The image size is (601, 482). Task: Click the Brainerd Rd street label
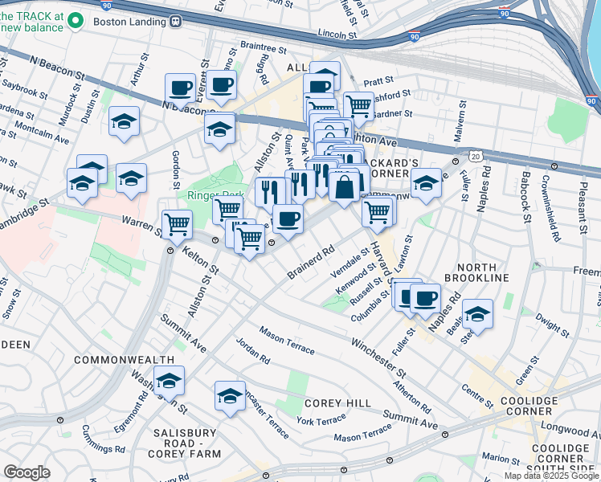coord(310,263)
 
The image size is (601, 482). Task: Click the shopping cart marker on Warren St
coord(176,225)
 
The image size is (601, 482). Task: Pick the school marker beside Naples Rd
coord(477,315)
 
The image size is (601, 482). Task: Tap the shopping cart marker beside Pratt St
coord(358,105)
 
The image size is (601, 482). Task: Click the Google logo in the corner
coord(27,472)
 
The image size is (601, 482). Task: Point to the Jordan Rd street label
coord(254,353)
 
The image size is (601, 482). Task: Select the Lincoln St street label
coord(336,35)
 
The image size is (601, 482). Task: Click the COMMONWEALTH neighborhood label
coord(124,359)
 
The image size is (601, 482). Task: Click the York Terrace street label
coord(321,419)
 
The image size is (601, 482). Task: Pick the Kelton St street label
coord(199,257)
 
